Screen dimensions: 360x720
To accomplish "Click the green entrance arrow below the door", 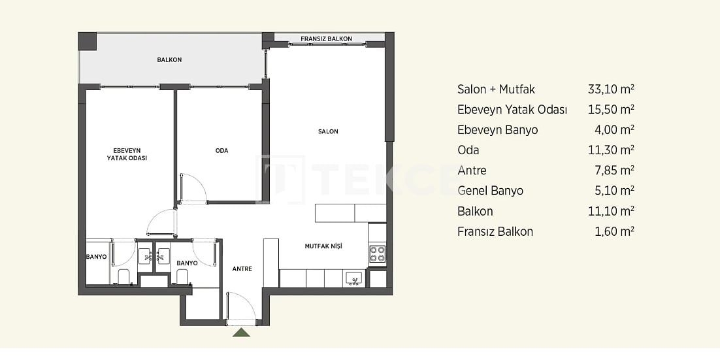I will [242, 333].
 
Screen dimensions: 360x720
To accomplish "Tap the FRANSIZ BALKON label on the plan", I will [326, 39].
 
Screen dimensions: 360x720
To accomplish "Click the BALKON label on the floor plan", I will [169, 60].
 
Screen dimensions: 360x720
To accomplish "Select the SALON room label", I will [328, 132].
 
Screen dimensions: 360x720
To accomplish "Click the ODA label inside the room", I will [221, 151].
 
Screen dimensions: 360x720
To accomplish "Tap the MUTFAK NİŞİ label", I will [323, 246].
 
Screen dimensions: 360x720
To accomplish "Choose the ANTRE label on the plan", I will [242, 269].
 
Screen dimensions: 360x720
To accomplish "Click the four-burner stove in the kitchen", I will [377, 254].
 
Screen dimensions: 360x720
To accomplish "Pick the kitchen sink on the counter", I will [354, 279].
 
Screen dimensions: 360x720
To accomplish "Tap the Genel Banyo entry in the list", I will [490, 191].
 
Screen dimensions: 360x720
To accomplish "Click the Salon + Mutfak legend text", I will [496, 90].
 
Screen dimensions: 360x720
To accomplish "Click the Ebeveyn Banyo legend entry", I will [497, 130].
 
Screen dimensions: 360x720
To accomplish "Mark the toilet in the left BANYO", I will [123, 276].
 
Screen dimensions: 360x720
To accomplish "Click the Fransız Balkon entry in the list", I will [495, 231].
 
